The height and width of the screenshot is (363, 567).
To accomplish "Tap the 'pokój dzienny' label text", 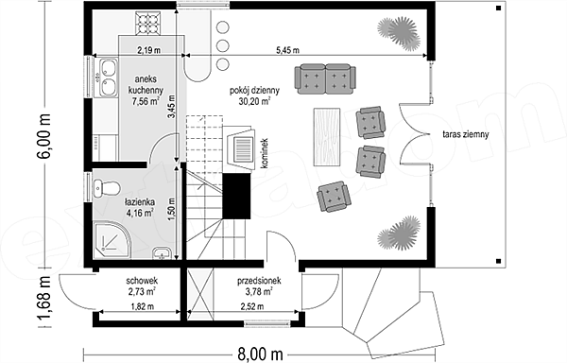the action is [254, 91].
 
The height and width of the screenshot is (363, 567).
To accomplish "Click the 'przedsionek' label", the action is [259, 281].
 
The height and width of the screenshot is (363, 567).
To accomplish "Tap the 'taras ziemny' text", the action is [466, 134].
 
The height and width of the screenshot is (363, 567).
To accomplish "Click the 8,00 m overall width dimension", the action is [260, 354].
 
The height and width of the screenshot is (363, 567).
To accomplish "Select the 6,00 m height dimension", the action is [43, 135].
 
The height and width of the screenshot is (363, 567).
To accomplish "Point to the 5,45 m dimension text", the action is [288, 50].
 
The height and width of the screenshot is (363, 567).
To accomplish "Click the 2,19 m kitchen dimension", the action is [148, 50].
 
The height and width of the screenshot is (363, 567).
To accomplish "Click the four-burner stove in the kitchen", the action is [148, 23].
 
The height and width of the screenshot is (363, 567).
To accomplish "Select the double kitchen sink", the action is [107, 78].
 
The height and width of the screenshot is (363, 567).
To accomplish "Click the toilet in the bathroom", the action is [106, 188].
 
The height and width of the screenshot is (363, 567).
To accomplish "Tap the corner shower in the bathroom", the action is [112, 240].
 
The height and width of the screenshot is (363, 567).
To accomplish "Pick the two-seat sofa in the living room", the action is [325, 78].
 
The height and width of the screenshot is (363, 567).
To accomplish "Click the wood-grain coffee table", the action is [327, 137].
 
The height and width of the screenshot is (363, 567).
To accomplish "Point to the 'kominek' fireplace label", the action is [265, 153].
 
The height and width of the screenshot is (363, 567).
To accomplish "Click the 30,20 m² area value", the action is [254, 101].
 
